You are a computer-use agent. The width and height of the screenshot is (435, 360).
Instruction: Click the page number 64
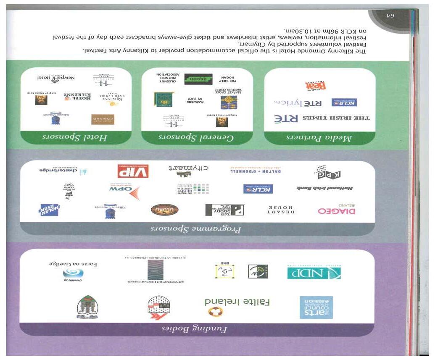[391, 16]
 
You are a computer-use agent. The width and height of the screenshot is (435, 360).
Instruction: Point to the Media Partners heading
[319, 138]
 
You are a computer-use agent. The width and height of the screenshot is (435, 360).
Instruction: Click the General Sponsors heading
[197, 138]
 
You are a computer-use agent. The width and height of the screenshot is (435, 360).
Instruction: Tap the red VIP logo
[133, 171]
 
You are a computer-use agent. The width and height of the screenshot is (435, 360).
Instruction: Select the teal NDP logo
[314, 273]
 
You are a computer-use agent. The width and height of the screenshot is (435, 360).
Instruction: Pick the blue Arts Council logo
[316, 307]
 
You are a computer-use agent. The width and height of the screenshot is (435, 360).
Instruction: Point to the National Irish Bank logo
[325, 188]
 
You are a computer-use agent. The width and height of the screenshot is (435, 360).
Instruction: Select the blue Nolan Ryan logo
[49, 209]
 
